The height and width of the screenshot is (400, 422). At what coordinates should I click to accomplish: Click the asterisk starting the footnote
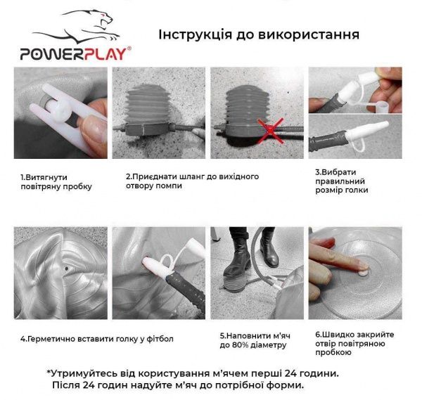point(49,372)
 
